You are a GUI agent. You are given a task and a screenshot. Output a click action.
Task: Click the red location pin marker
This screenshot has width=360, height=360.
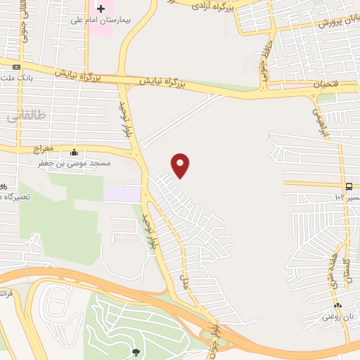coord(181,165)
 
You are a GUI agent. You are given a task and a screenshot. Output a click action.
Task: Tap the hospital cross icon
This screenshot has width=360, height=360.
coord(101,8)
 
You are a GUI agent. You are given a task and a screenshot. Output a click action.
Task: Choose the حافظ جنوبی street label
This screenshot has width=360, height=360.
coord(266,67)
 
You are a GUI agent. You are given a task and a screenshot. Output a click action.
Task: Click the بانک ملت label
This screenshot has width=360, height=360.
coord(14,77)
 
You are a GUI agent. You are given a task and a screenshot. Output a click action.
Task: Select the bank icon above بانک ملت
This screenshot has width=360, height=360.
coord(16,67)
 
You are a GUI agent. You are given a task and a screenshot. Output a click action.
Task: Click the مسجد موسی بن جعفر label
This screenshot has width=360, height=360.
coord(75,162)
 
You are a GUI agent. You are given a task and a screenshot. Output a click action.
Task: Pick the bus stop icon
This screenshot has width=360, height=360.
coord(349,186)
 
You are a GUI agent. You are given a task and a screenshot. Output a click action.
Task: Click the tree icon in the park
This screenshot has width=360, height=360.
coord(136,351)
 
